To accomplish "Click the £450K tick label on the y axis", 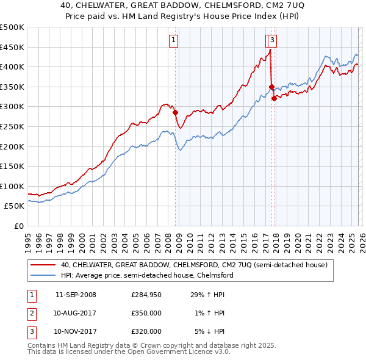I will (x=12, y=47).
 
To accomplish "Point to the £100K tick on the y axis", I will (x=12, y=186).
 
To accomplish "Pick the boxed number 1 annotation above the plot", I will (x=174, y=41).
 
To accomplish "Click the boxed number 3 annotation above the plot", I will (x=271, y=41).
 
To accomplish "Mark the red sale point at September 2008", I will (x=175, y=112).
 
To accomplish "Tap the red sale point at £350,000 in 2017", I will (x=271, y=87).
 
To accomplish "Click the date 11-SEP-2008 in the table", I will (x=76, y=295).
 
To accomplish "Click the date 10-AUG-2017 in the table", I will (x=76, y=313).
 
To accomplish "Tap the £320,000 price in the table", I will (x=146, y=331).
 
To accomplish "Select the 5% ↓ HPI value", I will (x=209, y=331).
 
